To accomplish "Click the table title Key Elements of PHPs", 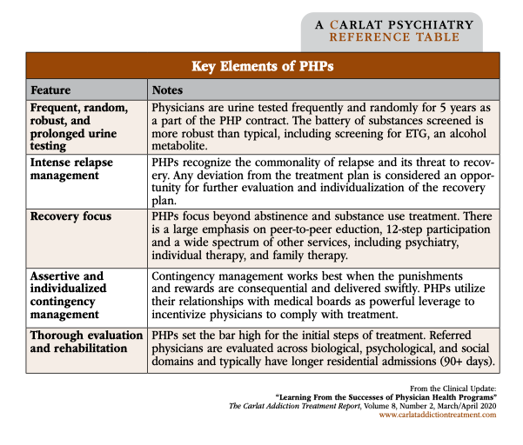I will coord(262,66).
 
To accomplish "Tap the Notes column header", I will coord(167,90).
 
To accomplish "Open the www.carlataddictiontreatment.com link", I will coord(438,415).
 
